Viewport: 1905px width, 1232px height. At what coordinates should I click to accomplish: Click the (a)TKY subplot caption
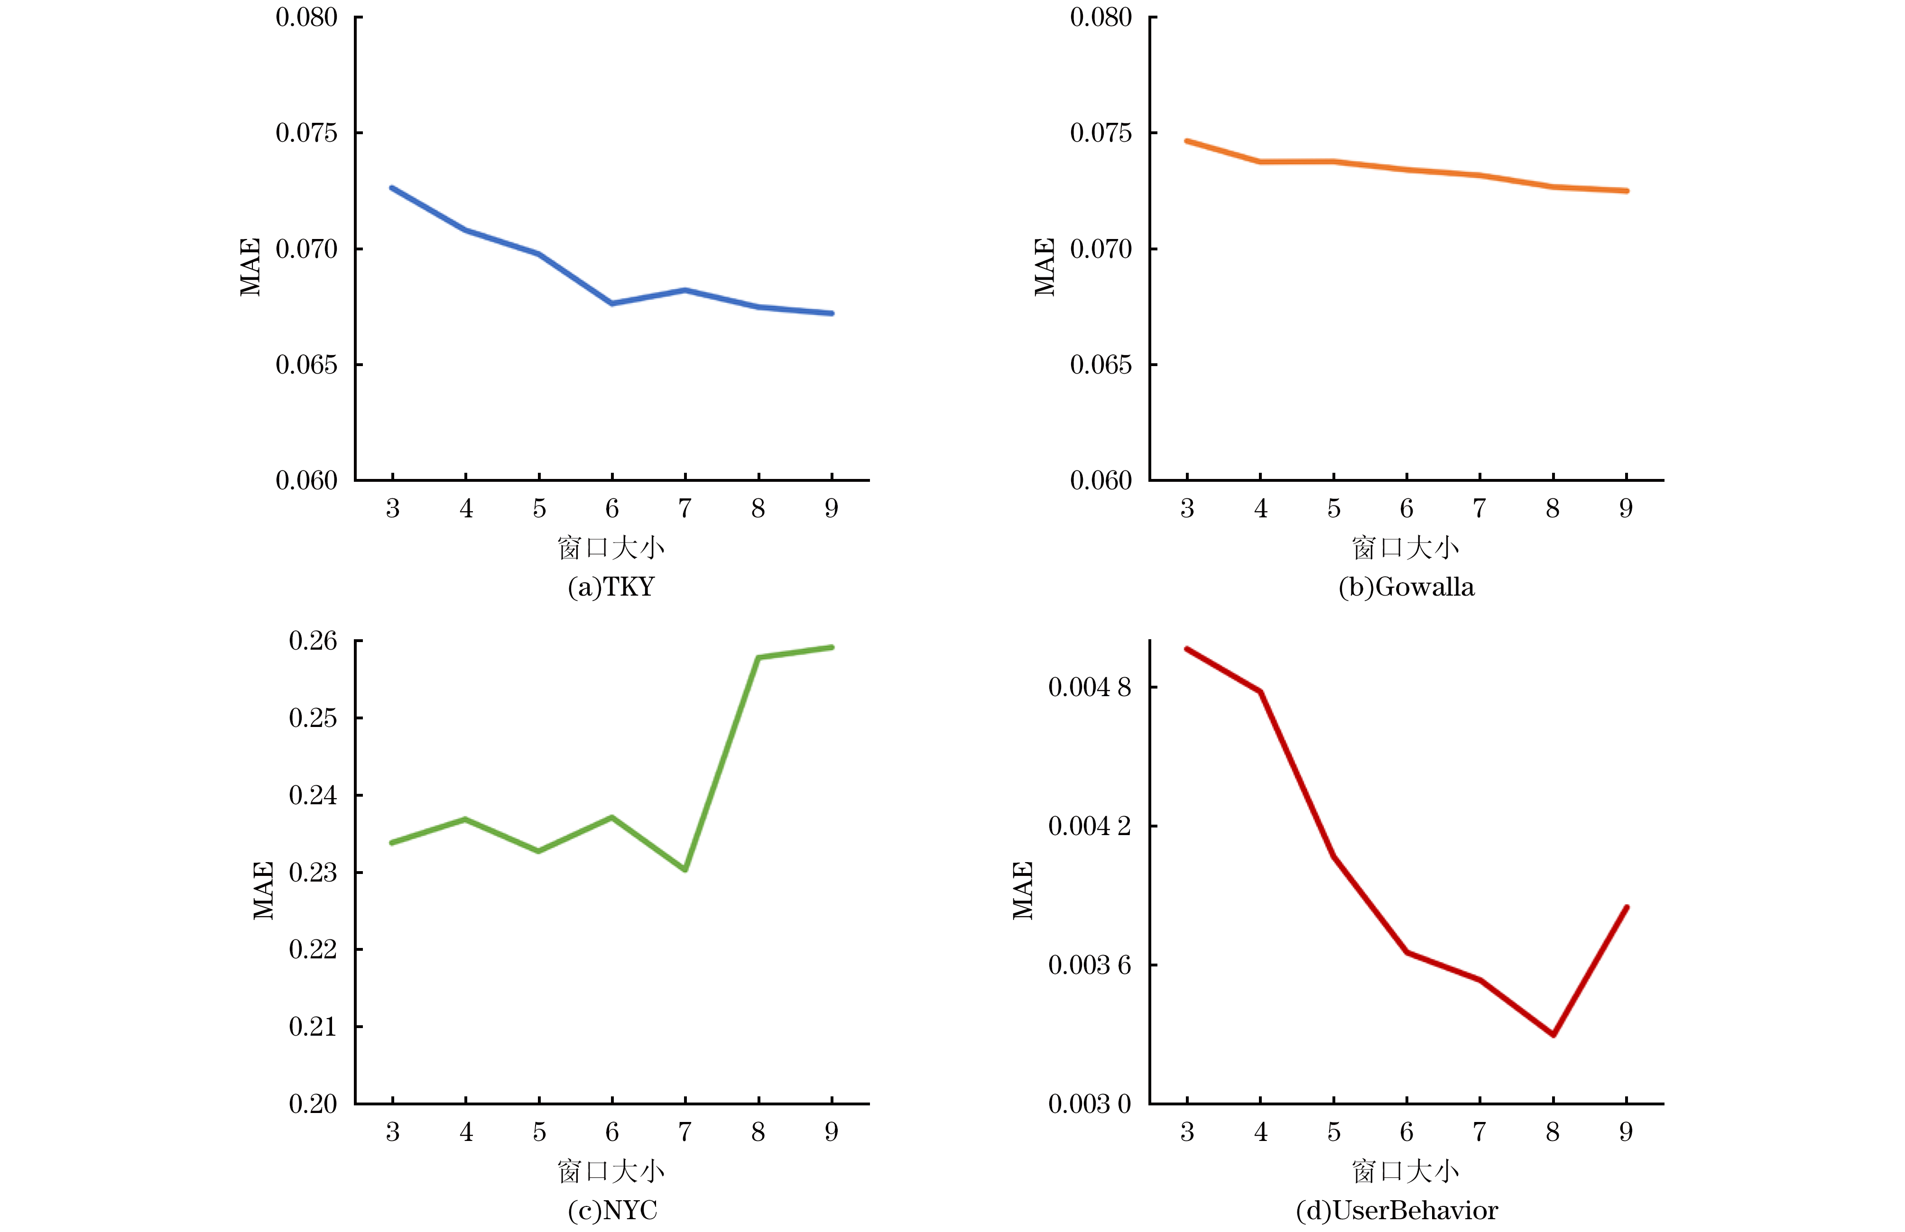click(611, 587)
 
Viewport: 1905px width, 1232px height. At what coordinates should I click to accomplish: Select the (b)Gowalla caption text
click(1406, 587)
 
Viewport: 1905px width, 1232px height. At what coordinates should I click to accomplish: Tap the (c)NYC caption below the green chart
click(612, 1210)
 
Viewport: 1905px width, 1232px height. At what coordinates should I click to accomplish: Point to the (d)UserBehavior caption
click(1397, 1210)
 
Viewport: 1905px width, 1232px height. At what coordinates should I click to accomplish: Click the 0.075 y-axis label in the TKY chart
click(306, 133)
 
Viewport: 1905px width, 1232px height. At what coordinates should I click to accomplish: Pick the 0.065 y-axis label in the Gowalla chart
click(1101, 365)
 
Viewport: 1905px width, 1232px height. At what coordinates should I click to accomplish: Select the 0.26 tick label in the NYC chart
click(313, 641)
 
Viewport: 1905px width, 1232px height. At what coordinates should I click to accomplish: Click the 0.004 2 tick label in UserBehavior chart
click(1090, 826)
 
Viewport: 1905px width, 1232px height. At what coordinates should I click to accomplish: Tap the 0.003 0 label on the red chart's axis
click(1090, 1104)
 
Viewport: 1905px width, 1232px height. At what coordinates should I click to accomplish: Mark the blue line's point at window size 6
click(612, 303)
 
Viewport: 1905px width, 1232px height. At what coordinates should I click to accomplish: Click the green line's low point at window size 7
click(685, 870)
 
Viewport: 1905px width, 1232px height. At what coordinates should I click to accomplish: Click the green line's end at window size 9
click(832, 647)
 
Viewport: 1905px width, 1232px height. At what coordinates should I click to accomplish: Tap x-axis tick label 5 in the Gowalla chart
click(1334, 509)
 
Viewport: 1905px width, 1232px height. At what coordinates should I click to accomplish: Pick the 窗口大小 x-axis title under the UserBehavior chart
click(1406, 1171)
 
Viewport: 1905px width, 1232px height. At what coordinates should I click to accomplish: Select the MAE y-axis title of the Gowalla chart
click(1045, 267)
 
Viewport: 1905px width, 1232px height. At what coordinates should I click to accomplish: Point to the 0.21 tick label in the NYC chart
click(313, 1026)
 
